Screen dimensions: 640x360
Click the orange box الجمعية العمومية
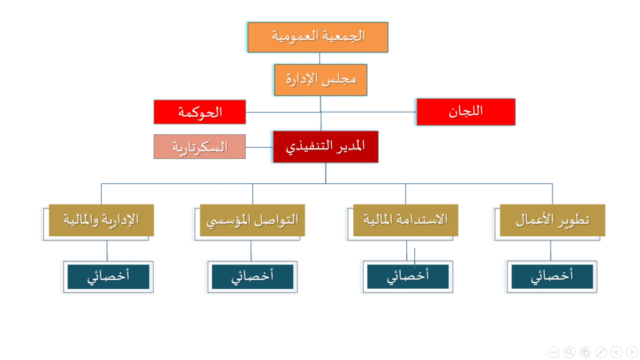(x=317, y=37)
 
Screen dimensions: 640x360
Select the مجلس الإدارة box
(x=321, y=79)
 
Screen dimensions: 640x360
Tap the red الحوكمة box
(x=199, y=112)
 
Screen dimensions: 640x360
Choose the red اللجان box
(x=466, y=112)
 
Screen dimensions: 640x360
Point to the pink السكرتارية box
(x=199, y=146)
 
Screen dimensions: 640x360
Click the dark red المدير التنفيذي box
(x=326, y=147)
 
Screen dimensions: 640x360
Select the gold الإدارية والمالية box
(x=101, y=220)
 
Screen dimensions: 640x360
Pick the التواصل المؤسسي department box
(x=252, y=220)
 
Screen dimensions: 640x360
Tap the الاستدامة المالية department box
(x=405, y=220)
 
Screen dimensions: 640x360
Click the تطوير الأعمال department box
(x=552, y=220)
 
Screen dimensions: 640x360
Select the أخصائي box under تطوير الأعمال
(x=552, y=277)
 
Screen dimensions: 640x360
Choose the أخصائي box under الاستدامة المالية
(x=407, y=277)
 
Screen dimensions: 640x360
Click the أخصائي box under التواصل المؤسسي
(x=252, y=277)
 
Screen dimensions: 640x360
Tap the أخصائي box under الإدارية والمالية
(x=108, y=277)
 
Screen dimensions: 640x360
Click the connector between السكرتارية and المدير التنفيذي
(x=259, y=147)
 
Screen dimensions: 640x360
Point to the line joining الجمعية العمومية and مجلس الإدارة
(x=319, y=58)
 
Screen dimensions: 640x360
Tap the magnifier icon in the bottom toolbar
(x=569, y=352)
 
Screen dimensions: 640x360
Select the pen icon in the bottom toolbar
(x=601, y=352)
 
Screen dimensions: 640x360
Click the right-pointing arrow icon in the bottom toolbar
(x=632, y=352)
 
